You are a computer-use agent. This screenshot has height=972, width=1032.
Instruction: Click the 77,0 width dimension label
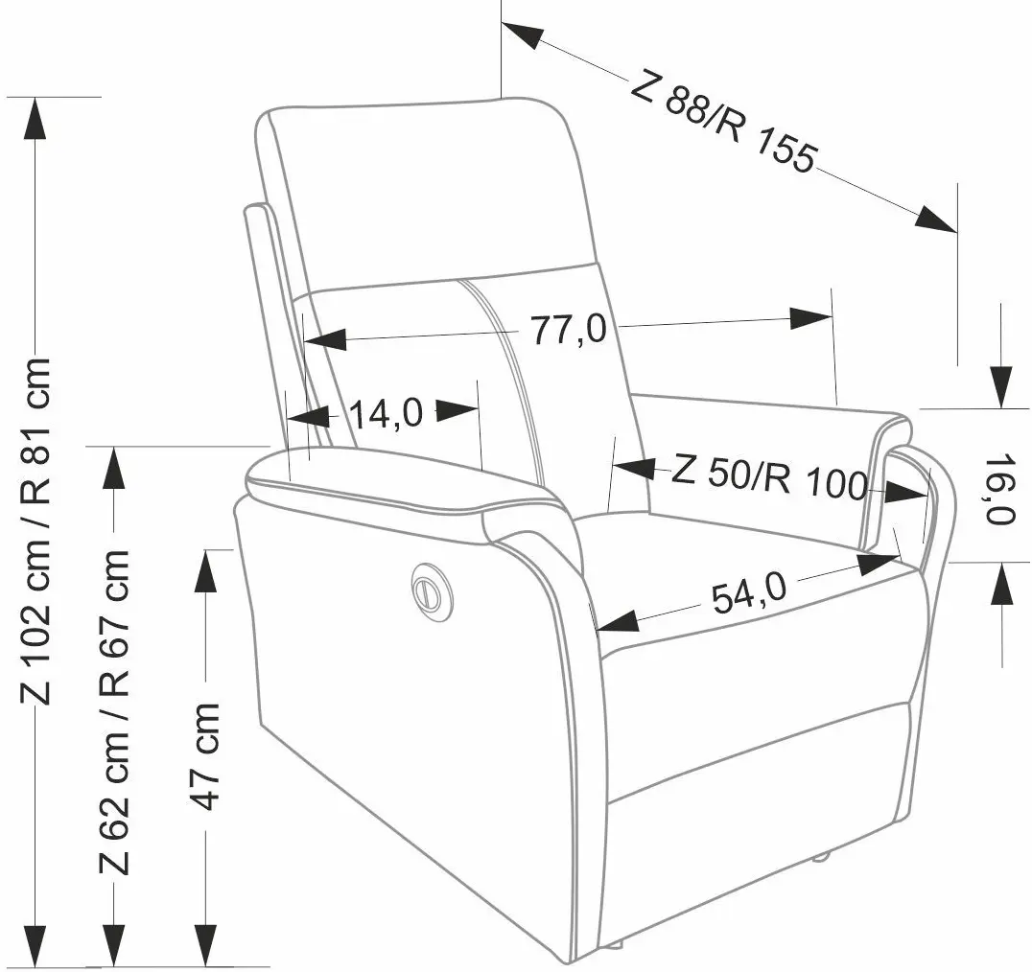click(569, 330)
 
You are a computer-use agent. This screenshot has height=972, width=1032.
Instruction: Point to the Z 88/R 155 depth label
click(723, 123)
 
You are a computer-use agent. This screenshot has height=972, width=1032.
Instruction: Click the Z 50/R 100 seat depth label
click(769, 477)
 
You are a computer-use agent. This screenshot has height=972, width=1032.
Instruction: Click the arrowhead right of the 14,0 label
click(458, 410)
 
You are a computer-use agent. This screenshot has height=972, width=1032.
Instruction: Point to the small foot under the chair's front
click(820, 856)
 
